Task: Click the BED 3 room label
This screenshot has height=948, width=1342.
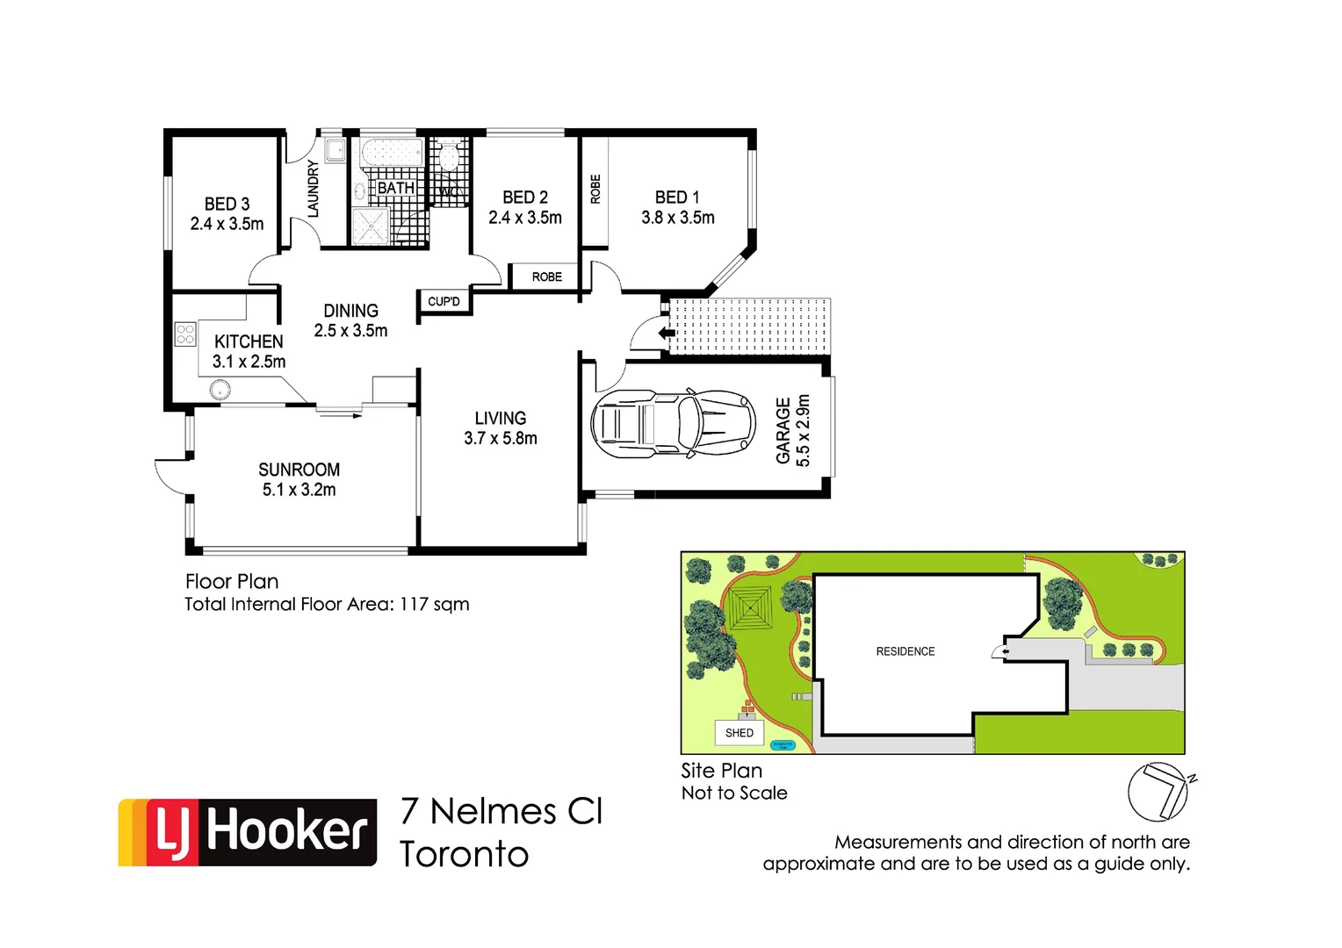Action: (227, 205)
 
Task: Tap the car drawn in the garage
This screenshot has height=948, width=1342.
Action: (673, 424)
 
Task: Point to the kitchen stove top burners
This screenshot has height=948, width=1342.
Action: (185, 334)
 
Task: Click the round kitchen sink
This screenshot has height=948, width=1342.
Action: (220, 389)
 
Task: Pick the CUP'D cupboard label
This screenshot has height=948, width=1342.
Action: (444, 302)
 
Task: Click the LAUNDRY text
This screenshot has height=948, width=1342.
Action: (313, 189)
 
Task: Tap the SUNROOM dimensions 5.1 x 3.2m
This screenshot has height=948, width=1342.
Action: (299, 490)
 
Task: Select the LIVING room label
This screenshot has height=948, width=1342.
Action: (501, 419)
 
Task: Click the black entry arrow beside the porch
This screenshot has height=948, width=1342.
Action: (667, 333)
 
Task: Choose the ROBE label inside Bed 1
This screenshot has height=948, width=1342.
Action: (595, 189)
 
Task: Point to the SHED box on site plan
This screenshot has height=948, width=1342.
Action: (740, 733)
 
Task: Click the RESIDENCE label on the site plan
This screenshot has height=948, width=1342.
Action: (905, 651)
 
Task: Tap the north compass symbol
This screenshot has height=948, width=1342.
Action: (1158, 791)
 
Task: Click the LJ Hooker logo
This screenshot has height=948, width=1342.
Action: (248, 832)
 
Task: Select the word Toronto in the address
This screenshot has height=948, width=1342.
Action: (465, 854)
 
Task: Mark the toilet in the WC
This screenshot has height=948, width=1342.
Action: (449, 157)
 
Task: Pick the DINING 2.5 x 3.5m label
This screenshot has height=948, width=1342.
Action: (350, 320)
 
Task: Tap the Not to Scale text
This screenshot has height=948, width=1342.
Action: (734, 793)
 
